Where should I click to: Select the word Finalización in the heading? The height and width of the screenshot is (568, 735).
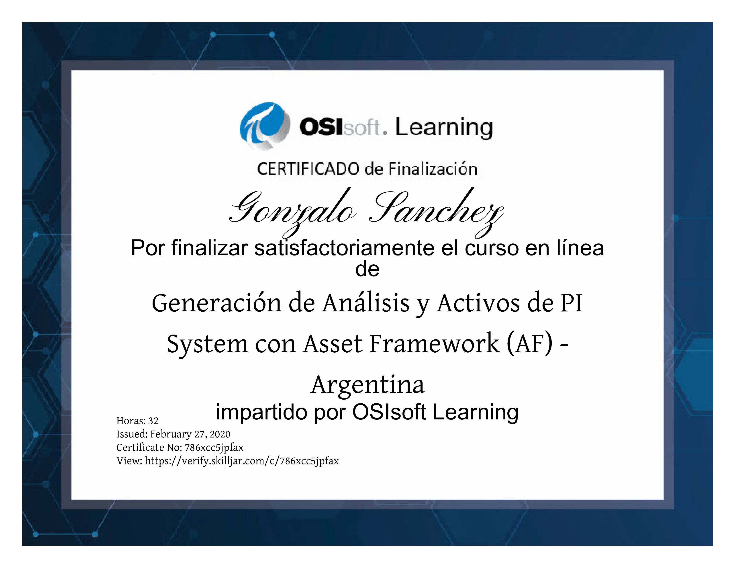tap(433, 169)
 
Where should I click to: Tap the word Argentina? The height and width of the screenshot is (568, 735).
tap(367, 385)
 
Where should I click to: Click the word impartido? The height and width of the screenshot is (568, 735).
tap(261, 413)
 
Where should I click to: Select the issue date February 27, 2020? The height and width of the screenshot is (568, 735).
tap(190, 434)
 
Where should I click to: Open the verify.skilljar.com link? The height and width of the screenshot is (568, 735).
tap(242, 461)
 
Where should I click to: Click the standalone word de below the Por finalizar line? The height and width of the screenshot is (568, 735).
tap(367, 269)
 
